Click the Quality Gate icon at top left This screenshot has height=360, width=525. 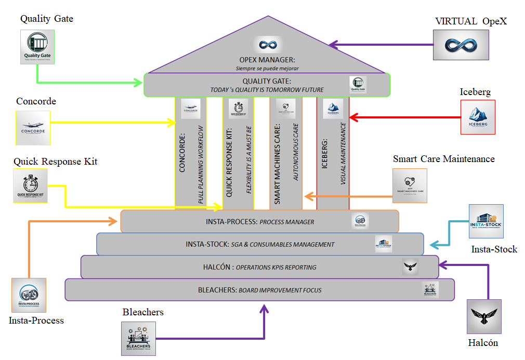[x=37, y=47]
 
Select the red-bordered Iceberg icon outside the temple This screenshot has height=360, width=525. [x=478, y=117]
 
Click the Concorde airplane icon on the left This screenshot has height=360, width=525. [x=33, y=128]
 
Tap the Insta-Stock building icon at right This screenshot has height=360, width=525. [x=486, y=221]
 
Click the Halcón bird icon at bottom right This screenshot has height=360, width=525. [x=483, y=316]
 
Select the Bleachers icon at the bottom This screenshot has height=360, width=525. [x=138, y=339]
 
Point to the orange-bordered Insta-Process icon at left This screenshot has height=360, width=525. [x=29, y=296]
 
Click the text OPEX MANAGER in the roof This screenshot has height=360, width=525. [x=266, y=60]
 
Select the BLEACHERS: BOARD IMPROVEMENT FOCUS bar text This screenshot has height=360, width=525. [x=259, y=290]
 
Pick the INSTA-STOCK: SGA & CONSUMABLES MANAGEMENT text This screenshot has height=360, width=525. [x=260, y=244]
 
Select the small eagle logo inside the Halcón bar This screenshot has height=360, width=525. [x=410, y=267]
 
